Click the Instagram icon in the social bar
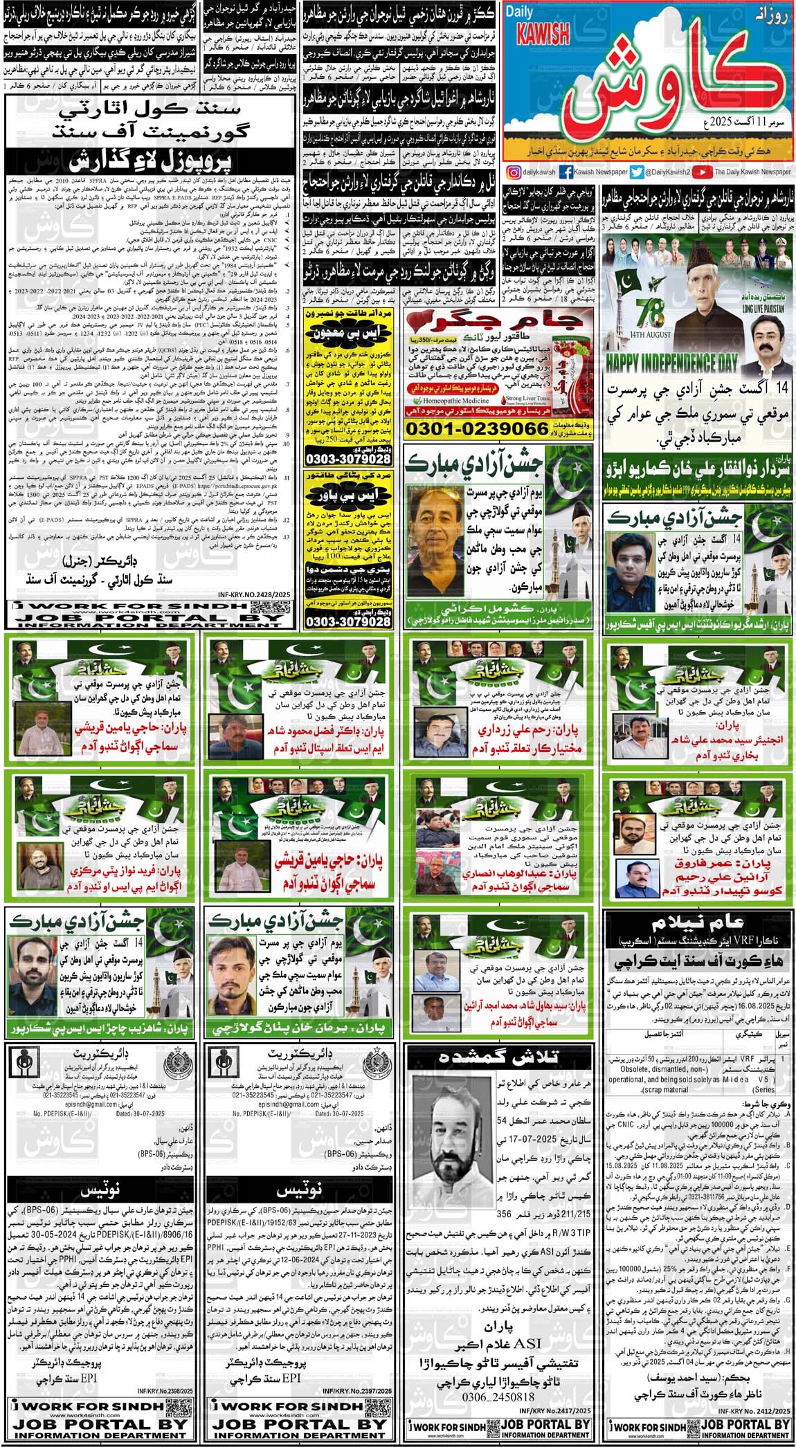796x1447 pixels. [x=514, y=173]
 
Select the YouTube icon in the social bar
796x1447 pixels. [x=703, y=173]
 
